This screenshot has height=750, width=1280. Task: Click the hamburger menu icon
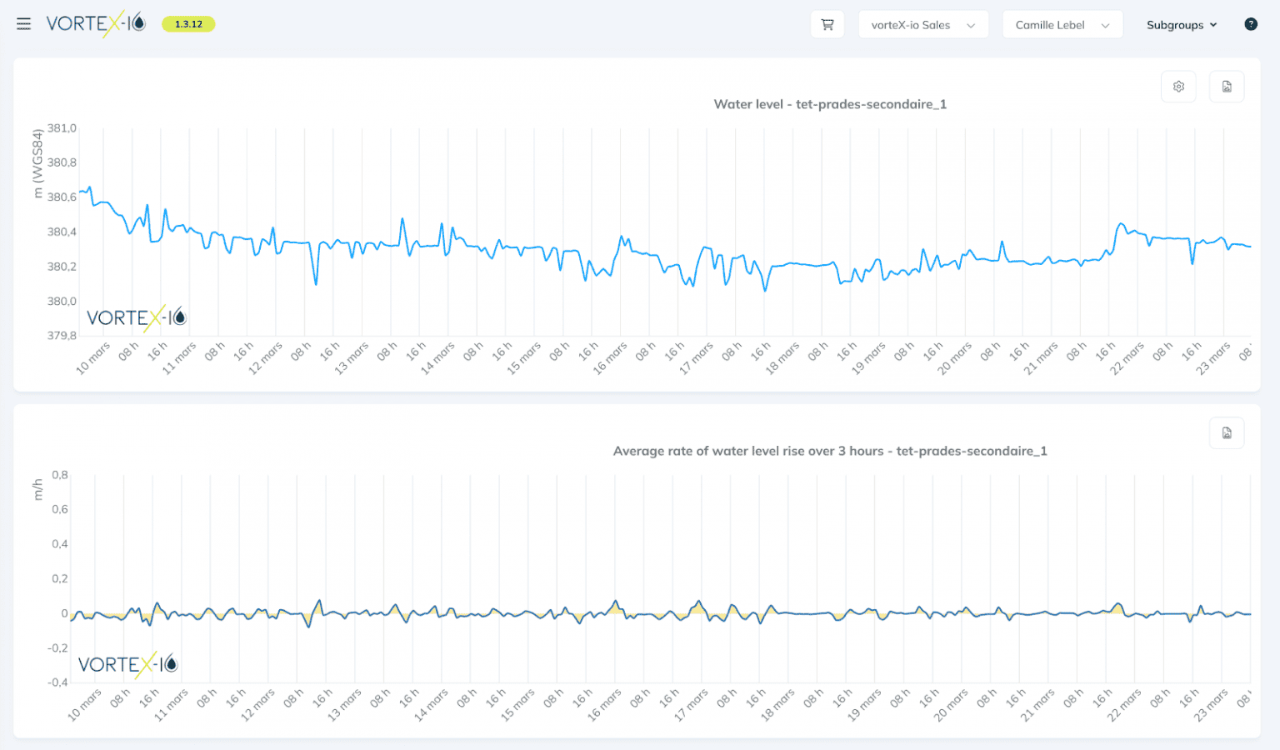23,24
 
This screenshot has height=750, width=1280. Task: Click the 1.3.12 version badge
188,24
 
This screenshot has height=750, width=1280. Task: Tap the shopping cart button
827,24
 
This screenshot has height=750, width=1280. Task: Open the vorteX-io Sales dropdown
922,25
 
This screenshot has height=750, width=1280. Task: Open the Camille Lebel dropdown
1062,25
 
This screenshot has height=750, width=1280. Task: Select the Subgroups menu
1181,25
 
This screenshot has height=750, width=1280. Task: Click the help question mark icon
1250,24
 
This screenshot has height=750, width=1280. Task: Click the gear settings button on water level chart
1178,87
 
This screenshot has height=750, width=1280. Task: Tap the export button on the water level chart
1227,87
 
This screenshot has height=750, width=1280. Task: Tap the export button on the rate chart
1227,433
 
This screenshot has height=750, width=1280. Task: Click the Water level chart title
830,104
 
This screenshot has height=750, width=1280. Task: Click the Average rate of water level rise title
830,451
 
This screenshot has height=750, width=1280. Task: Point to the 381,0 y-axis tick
62,128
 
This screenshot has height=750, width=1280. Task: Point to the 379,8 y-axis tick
62,336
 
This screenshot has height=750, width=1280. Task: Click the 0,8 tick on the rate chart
60,475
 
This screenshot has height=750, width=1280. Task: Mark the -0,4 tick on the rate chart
57,682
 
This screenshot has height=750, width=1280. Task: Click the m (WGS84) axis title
37,163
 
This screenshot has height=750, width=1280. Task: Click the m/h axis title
37,489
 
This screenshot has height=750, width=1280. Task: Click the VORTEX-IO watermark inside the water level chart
137,317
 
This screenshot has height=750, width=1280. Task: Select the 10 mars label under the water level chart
93,357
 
